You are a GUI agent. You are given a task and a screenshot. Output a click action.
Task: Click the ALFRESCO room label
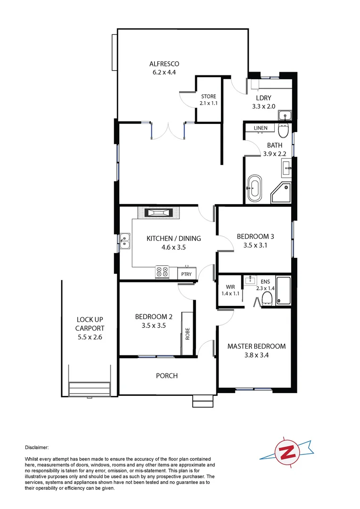tap(164, 64)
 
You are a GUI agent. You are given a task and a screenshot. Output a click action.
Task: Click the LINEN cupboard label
tap(261, 128)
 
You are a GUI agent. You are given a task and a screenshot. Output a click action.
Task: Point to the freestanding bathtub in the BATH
tap(254, 188)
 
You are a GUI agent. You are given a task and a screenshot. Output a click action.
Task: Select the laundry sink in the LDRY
tap(285, 115)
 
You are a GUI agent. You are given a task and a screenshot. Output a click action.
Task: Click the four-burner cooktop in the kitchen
tap(163, 271)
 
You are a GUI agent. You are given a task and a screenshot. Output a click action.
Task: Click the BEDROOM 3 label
tap(255, 237)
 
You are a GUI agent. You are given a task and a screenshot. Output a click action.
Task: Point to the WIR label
tap(230, 286)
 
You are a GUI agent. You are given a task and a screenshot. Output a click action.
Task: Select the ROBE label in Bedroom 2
tap(188, 334)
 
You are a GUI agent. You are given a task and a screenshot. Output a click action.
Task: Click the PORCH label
tap(167, 376)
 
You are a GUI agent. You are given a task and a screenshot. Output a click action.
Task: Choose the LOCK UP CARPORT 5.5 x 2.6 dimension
tap(90, 337)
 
